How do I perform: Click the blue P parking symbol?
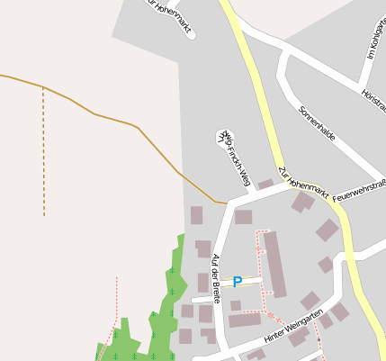pos(238,282)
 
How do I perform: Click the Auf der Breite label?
pos(216,277)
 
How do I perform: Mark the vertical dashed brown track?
pos(43,153)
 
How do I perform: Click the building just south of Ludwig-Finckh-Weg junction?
pos(243,217)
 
